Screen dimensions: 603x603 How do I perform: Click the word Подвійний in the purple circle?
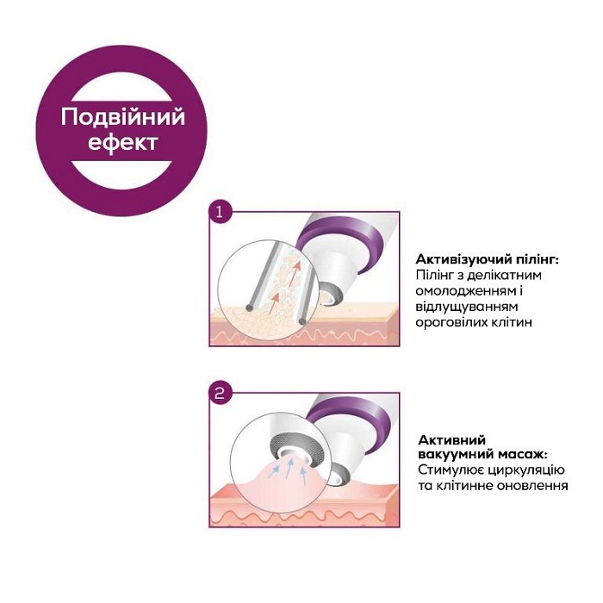(x=123, y=117)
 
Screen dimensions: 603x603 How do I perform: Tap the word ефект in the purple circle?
(x=123, y=142)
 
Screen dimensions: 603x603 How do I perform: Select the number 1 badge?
(x=220, y=212)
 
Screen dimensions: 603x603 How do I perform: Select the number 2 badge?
(x=220, y=393)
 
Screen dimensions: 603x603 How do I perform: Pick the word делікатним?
(x=507, y=276)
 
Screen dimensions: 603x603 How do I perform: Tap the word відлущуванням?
(x=467, y=307)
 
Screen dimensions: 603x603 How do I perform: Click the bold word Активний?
(x=452, y=440)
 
